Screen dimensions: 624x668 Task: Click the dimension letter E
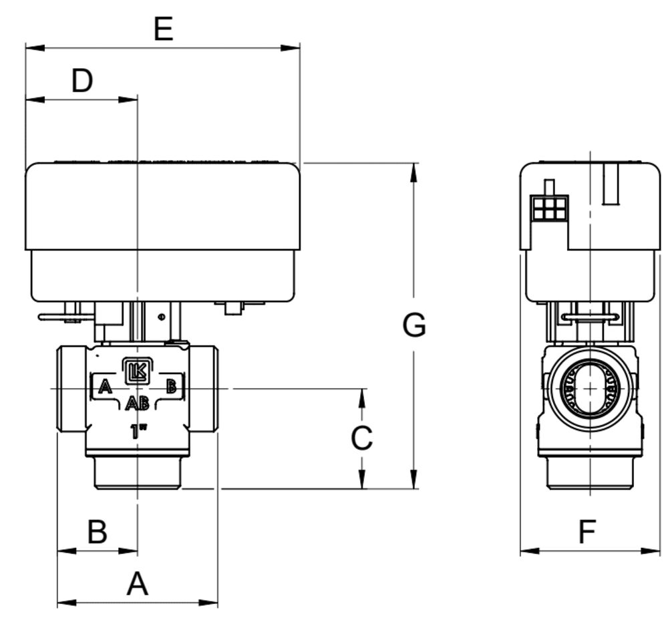(x=164, y=29)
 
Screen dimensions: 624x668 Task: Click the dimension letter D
(x=82, y=81)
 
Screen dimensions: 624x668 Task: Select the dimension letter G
(x=414, y=325)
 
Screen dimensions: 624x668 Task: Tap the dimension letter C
(x=362, y=439)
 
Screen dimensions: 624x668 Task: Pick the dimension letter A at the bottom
(x=138, y=585)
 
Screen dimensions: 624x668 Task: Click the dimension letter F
(x=587, y=532)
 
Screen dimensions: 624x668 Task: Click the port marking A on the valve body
(x=104, y=386)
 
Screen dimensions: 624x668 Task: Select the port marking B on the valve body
(x=171, y=385)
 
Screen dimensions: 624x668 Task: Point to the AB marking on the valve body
(x=138, y=403)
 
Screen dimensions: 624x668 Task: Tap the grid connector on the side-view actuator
(x=550, y=208)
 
